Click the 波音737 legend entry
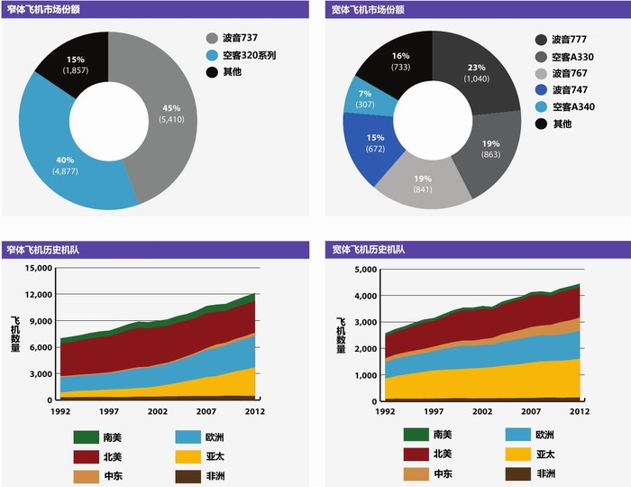point(237,39)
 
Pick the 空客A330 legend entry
point(566,56)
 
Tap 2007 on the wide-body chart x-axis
point(529,411)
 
